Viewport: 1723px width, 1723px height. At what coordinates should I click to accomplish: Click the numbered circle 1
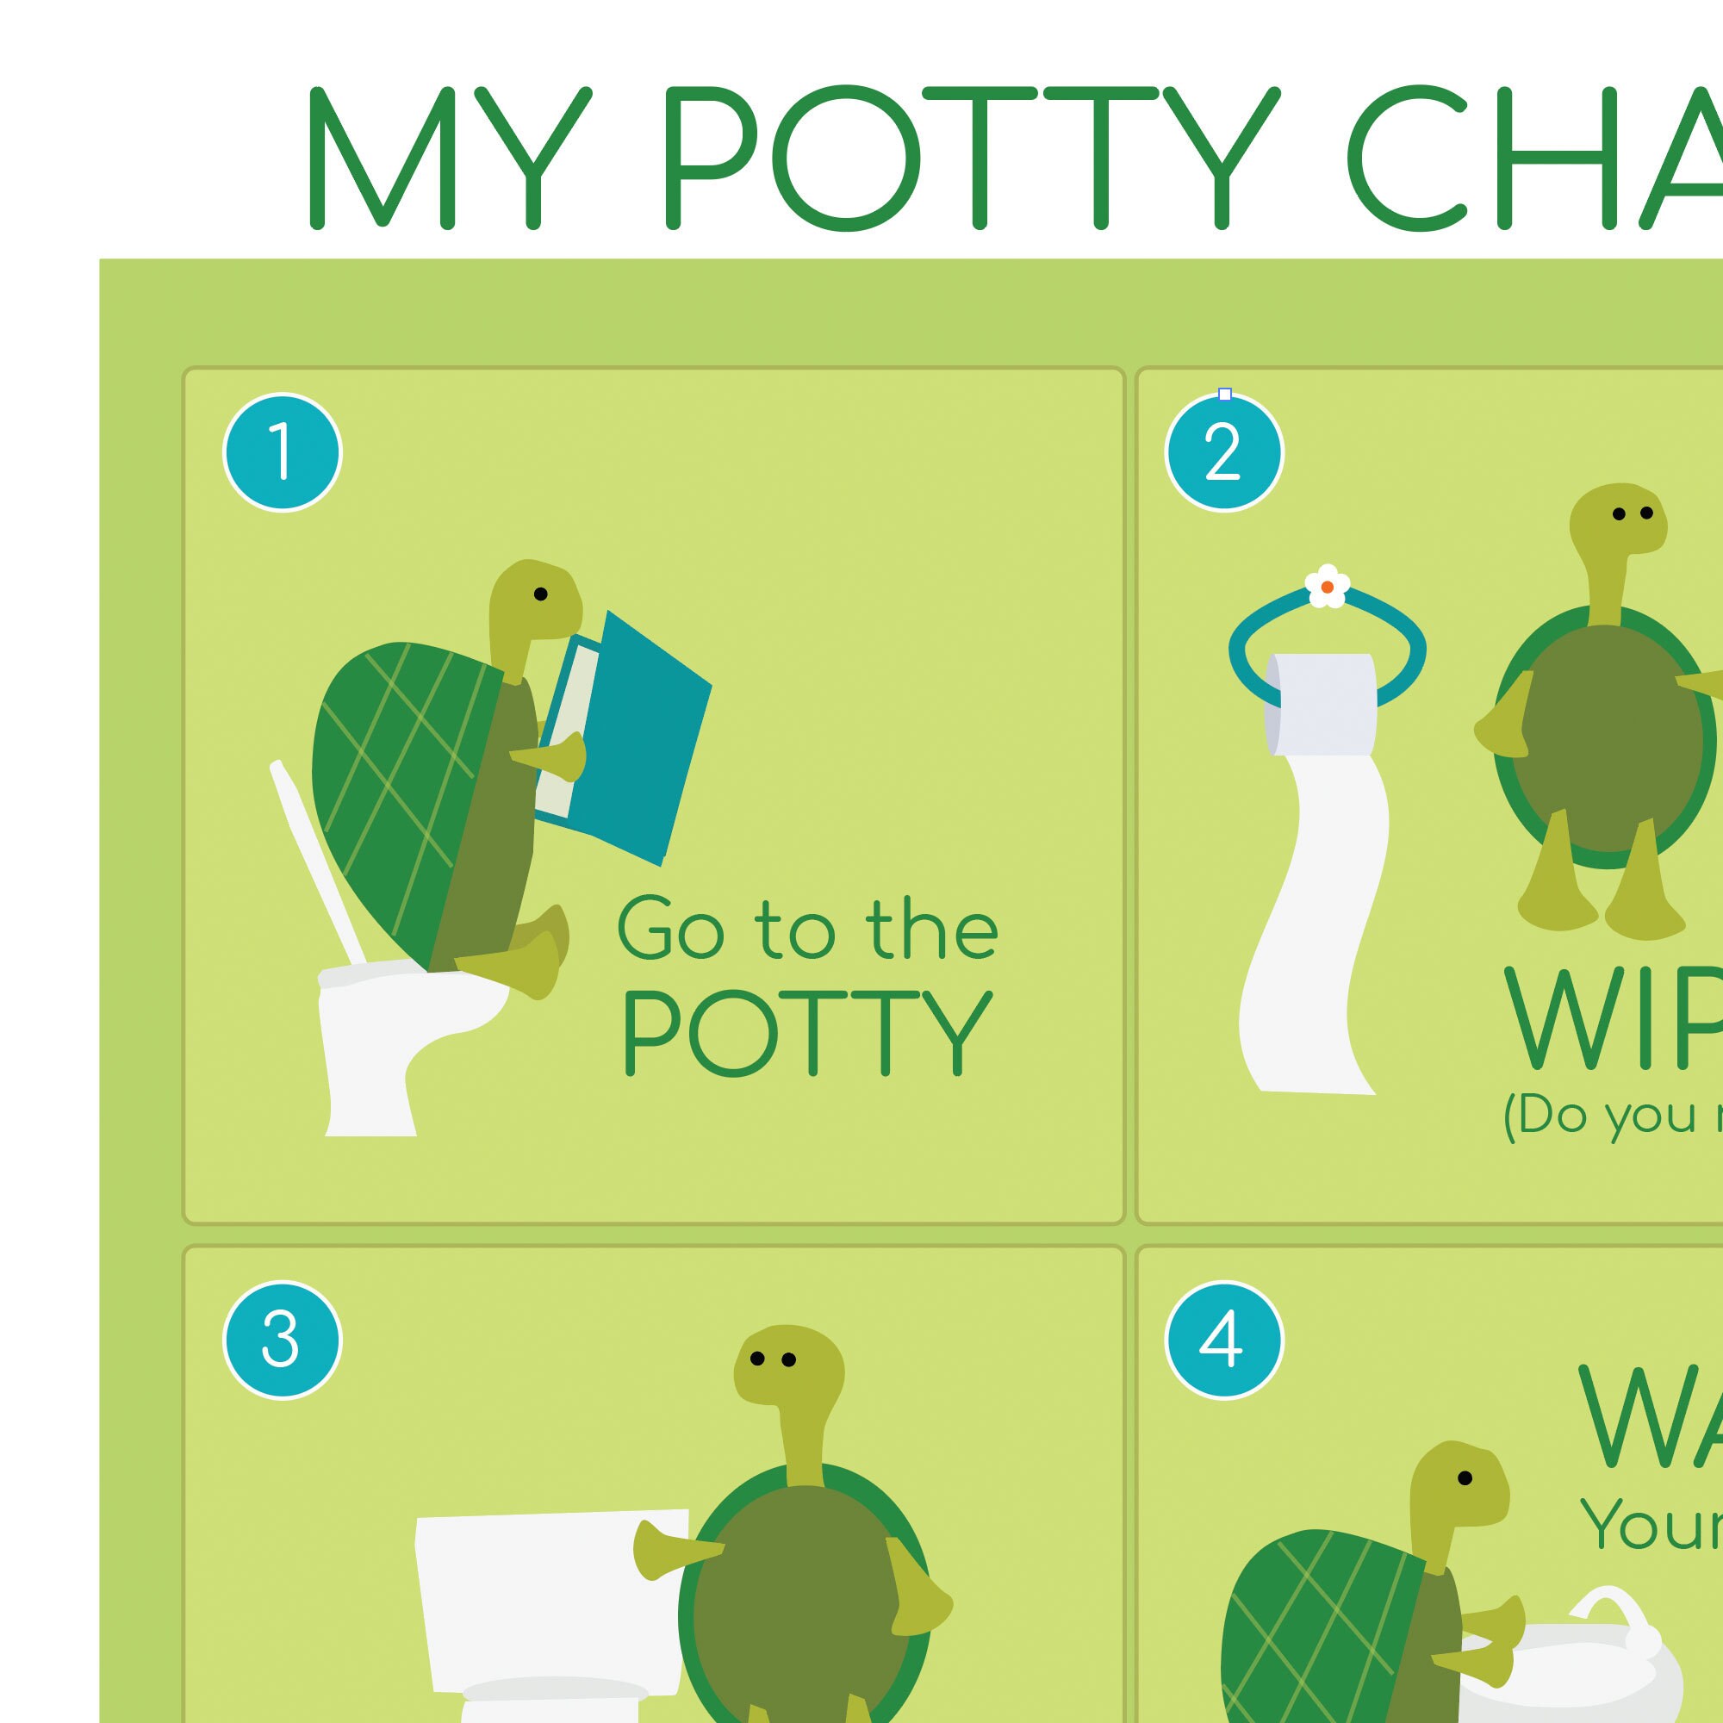tap(282, 452)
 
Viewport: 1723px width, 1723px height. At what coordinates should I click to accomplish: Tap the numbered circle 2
tap(1223, 452)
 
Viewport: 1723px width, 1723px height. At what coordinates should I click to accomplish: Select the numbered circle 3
tap(282, 1340)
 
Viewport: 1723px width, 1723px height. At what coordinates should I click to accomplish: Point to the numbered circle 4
tap(1223, 1340)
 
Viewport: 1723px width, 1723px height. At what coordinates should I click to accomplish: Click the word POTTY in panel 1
tap(807, 1033)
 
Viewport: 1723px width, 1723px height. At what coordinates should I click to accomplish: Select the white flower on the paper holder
tap(1327, 586)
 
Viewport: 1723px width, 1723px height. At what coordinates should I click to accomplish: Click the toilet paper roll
tap(1321, 704)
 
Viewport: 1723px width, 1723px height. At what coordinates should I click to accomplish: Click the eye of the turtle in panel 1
tap(540, 594)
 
